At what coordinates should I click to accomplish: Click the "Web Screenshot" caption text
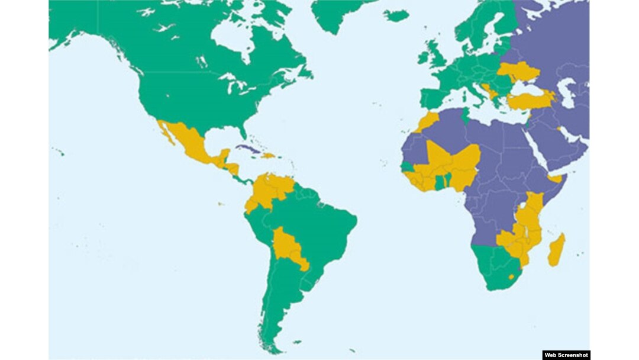pos(566,355)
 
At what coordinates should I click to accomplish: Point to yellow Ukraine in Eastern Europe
pos(519,70)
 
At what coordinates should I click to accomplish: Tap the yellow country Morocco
pos(428,121)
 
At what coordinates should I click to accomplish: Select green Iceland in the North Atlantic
pos(396,15)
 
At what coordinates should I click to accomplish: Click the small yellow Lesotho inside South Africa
pos(511,277)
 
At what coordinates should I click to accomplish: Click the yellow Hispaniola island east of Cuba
pos(269,156)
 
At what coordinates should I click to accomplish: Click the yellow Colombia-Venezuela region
pos(270,189)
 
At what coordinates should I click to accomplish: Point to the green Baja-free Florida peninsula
pos(243,131)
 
